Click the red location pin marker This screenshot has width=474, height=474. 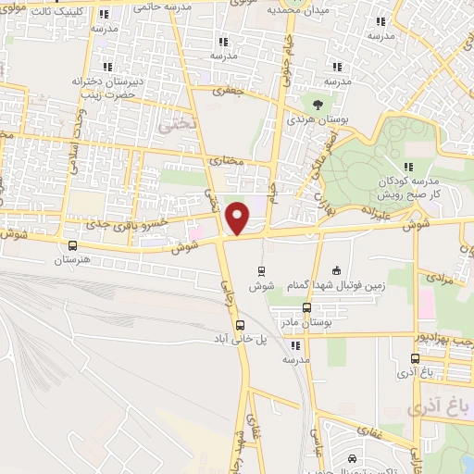(238, 218)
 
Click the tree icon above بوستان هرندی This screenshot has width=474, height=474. (318, 105)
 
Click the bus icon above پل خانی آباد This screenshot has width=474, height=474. (241, 325)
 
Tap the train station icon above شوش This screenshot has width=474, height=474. (262, 271)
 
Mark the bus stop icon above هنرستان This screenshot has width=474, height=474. (72, 245)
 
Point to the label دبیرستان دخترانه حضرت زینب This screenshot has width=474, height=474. (109, 88)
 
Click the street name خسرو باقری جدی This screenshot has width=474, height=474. (127, 224)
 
